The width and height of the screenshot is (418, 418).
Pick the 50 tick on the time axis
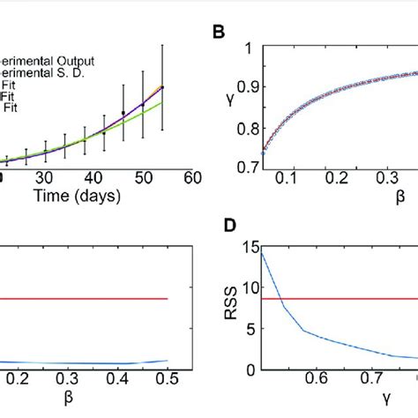coord(142,178)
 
